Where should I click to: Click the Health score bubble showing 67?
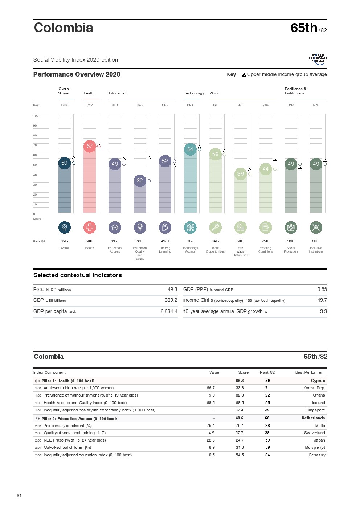[90, 146]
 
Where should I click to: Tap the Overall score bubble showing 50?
[64, 163]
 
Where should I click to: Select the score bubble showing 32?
[140, 181]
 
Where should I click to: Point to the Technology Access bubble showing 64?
[190, 149]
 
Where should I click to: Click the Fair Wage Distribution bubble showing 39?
[241, 174]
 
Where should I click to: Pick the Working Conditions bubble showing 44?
[266, 169]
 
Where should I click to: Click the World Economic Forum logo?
[318, 59]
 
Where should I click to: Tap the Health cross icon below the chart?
[90, 227]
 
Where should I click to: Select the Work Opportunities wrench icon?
[215, 227]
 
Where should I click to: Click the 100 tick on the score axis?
[36, 116]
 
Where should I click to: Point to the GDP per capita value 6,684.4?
[169, 312]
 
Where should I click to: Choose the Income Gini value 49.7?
[322, 300]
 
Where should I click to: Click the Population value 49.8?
[172, 290]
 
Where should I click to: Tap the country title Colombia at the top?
[64, 28]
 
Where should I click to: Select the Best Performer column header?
[309, 372]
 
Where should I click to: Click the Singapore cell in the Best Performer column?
[316, 410]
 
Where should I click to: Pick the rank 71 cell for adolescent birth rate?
[267, 388]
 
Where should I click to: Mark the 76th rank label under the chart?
[140, 241]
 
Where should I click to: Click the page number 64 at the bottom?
[19, 496]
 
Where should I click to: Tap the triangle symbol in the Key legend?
[244, 75]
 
